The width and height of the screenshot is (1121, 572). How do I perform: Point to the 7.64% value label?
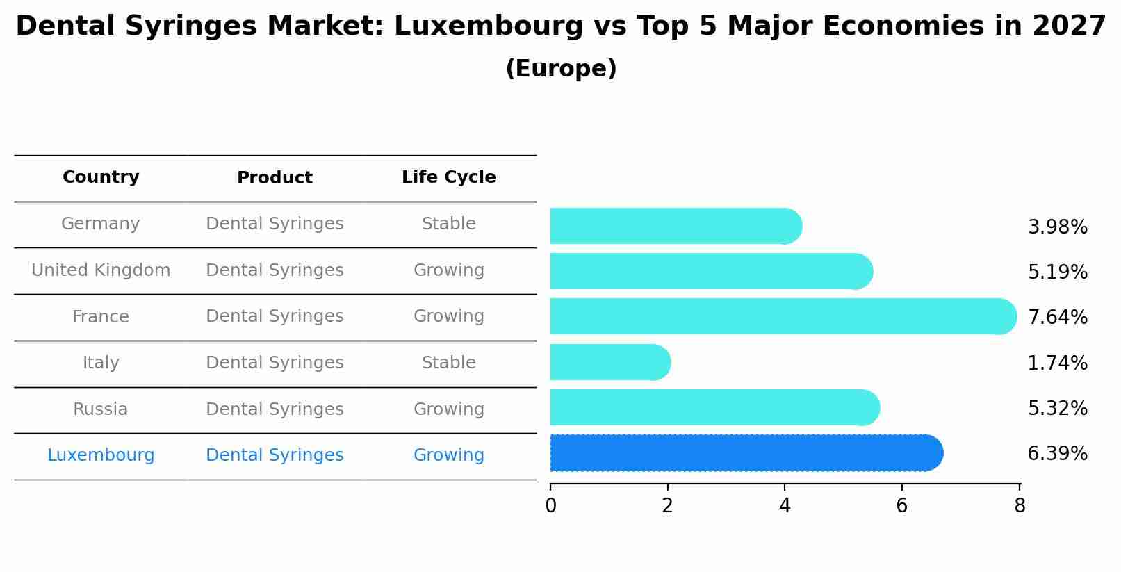pos(1057,318)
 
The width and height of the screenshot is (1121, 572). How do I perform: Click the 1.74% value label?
pos(1057,363)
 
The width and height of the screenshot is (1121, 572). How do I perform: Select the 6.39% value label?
pos(1057,454)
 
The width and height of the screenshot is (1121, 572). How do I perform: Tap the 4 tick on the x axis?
pos(785,506)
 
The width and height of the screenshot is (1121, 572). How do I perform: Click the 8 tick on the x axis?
pos(1020,506)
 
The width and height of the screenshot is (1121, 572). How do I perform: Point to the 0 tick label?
pos(550,506)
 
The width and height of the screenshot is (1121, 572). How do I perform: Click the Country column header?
pos(101,177)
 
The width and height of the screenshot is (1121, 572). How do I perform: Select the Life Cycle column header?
pos(448,177)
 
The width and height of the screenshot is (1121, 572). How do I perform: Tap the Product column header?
pos(275,178)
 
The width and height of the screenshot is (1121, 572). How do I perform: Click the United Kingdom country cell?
pos(101,270)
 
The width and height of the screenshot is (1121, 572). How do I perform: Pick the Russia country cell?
pos(101,409)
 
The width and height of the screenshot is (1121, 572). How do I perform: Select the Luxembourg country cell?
pos(101,455)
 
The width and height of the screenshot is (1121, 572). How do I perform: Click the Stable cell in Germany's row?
pos(448,224)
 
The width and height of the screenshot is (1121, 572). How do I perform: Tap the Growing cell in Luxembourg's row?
pos(448,455)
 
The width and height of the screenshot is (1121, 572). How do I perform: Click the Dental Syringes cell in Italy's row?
pos(275,363)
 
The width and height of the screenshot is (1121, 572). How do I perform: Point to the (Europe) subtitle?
pos(561,69)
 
